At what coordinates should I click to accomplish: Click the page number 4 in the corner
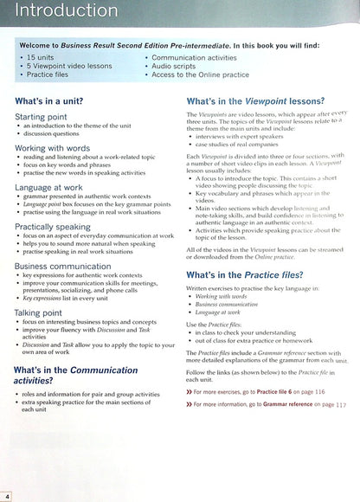[7, 495]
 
